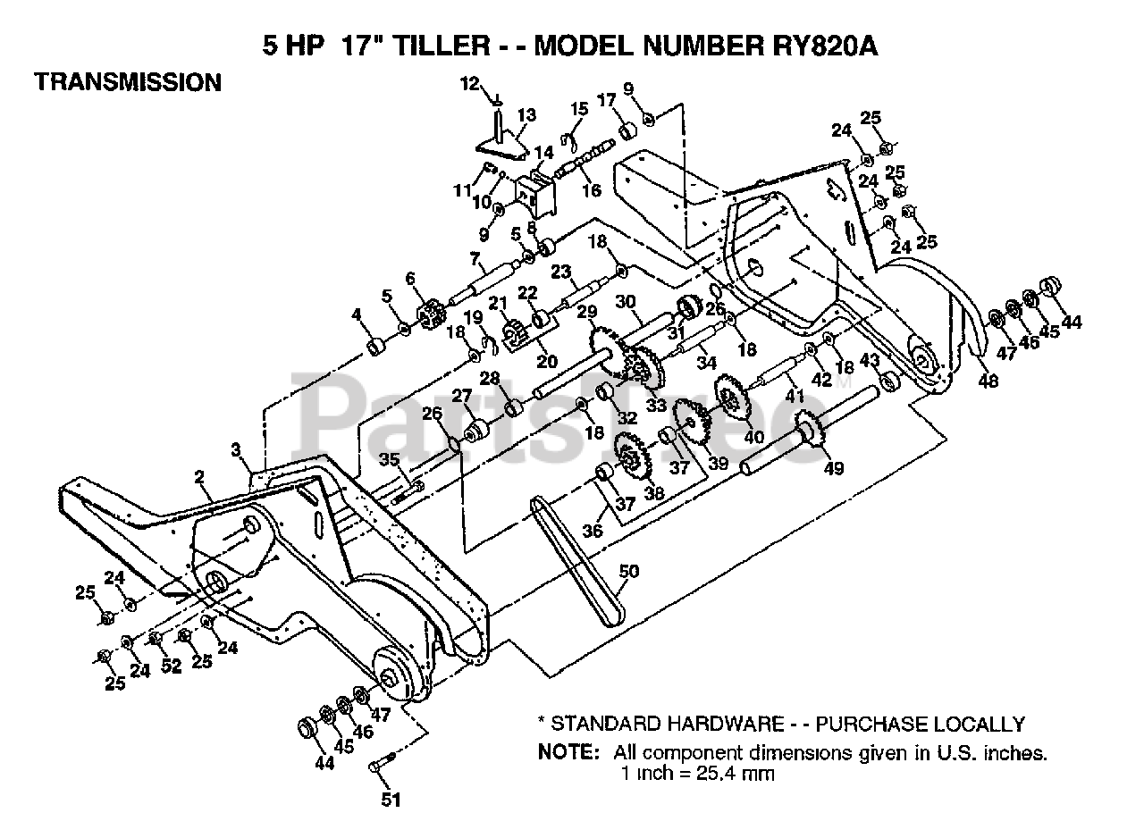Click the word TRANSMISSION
coord(127,82)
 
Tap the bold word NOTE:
coord(568,752)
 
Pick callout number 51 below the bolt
coord(391,800)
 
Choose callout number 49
coord(833,467)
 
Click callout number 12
coord(470,85)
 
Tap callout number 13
coord(526,115)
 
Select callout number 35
coord(388,460)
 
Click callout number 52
coord(171,665)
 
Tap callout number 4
coord(356,314)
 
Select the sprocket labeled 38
coord(632,457)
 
